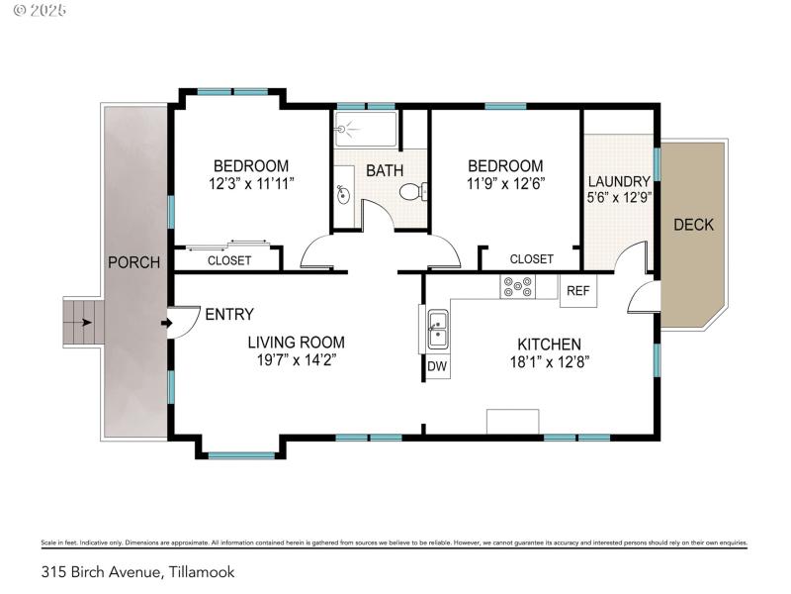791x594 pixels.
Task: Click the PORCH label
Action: click(x=133, y=262)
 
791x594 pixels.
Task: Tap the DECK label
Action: click(x=693, y=225)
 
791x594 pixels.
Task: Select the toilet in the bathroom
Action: click(x=418, y=191)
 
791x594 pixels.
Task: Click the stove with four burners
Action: click(x=515, y=287)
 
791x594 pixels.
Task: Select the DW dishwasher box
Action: click(x=437, y=367)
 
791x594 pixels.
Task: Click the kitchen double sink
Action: click(x=437, y=330)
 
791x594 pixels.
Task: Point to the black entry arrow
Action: click(x=164, y=323)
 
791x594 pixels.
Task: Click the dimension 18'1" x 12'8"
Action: click(x=544, y=361)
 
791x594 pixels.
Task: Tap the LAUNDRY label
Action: click(x=619, y=181)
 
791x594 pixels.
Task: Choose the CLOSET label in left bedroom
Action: click(x=228, y=260)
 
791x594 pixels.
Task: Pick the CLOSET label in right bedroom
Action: click(x=531, y=259)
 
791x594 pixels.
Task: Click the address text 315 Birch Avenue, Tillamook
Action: click(x=137, y=571)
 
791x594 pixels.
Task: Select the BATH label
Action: click(x=385, y=170)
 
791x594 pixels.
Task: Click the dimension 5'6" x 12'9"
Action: click(x=619, y=198)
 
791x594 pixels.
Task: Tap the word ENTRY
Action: click(x=228, y=315)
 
